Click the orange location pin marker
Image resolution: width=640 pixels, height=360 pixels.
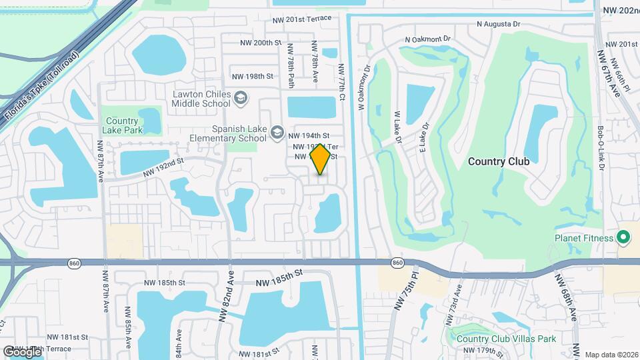click(321, 159)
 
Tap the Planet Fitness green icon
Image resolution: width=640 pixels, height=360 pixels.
click(623, 237)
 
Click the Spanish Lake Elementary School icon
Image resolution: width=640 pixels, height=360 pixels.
click(277, 133)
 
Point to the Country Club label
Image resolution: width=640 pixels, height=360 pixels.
click(498, 161)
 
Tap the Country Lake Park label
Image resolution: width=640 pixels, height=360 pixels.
click(121, 125)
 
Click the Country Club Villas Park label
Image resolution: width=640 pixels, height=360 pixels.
click(507, 339)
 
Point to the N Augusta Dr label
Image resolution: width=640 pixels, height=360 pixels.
click(499, 24)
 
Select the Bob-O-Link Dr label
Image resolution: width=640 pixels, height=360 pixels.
click(600, 147)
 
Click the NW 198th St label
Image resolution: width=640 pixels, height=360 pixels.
click(250, 77)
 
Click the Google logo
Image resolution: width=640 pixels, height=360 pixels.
click(22, 351)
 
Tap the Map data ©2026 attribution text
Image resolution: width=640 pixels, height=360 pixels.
click(611, 355)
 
